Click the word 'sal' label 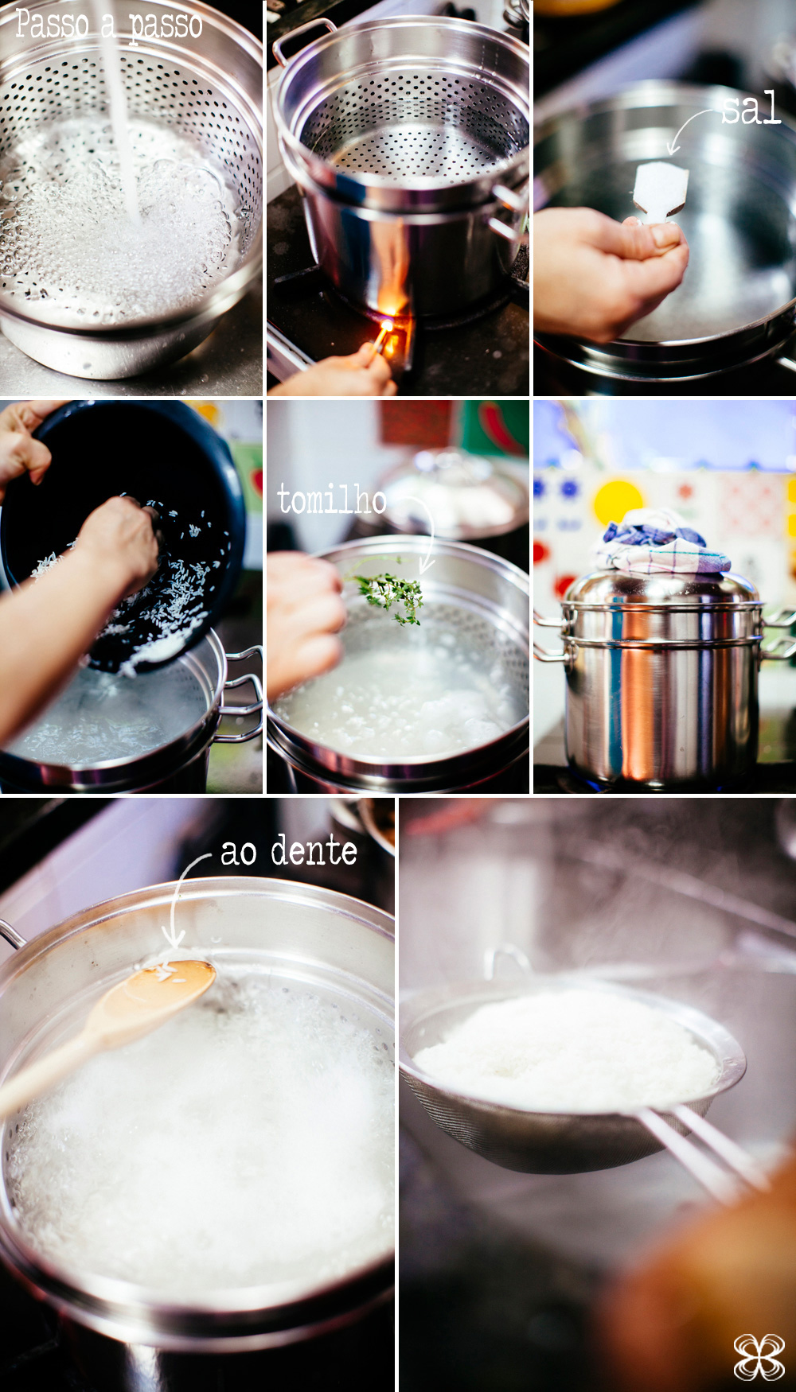751,108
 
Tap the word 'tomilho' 332,500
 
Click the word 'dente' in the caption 314,851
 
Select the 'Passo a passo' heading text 108,24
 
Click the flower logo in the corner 758,1356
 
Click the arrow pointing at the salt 689,127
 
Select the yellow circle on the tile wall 617,501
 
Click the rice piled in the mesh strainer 565,1042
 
